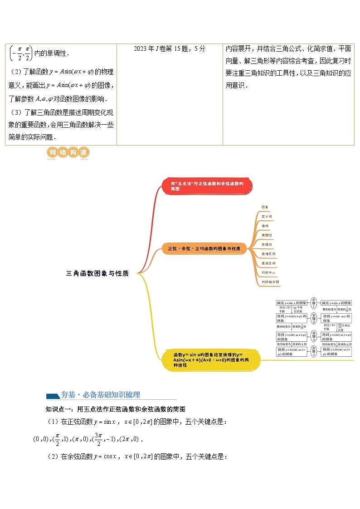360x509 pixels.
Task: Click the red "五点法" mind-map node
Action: [x=207, y=186]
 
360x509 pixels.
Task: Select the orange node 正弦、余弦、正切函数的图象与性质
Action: [x=204, y=249]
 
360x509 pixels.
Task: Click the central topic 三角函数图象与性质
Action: [x=97, y=273]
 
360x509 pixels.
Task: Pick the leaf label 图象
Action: [x=265, y=207]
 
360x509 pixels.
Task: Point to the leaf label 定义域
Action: [x=267, y=217]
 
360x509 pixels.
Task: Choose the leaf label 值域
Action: [x=265, y=226]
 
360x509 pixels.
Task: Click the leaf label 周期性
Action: [x=267, y=235]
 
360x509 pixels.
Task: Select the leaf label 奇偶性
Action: [x=267, y=244]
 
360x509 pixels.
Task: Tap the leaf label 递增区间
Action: [x=268, y=254]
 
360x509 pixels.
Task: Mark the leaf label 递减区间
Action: [x=268, y=263]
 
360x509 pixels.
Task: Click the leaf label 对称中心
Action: [x=268, y=272]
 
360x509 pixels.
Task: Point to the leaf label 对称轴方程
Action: [x=270, y=282]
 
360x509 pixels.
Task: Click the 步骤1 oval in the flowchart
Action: [x=314, y=303]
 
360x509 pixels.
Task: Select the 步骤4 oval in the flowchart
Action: [x=314, y=352]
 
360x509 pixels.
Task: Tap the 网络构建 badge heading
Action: [x=68, y=153]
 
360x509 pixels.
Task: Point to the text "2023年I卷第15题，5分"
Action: [x=170, y=49]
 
